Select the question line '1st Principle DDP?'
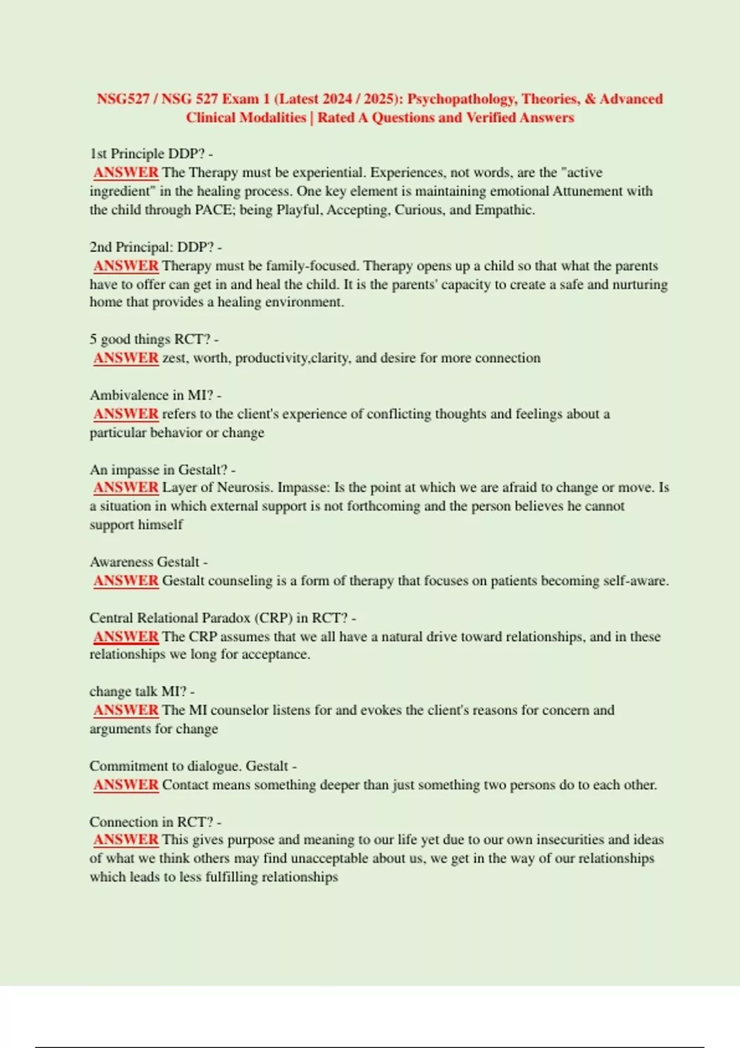151,154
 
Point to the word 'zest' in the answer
175,358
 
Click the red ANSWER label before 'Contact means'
126,785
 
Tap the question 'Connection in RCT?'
155,822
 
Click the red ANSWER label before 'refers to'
126,414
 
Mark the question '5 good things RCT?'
154,340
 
